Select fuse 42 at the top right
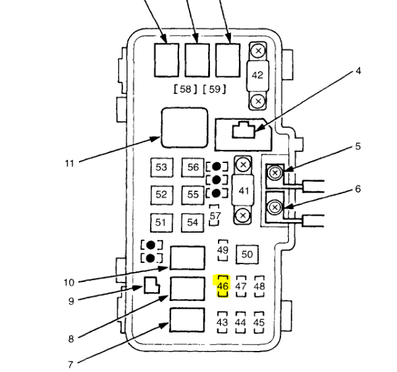click(257, 75)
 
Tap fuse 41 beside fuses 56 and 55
click(244, 190)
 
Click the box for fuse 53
click(161, 168)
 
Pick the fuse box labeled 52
click(161, 195)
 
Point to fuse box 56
click(193, 168)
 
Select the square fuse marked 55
click(193, 195)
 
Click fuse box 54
click(193, 223)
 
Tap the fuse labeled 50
click(248, 254)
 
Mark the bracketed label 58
click(185, 89)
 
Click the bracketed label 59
click(215, 89)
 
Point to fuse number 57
click(215, 216)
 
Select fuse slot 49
click(223, 250)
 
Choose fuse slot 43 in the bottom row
click(222, 323)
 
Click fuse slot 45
click(259, 323)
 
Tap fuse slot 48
click(259, 286)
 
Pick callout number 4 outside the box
click(358, 71)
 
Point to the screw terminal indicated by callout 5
click(275, 174)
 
